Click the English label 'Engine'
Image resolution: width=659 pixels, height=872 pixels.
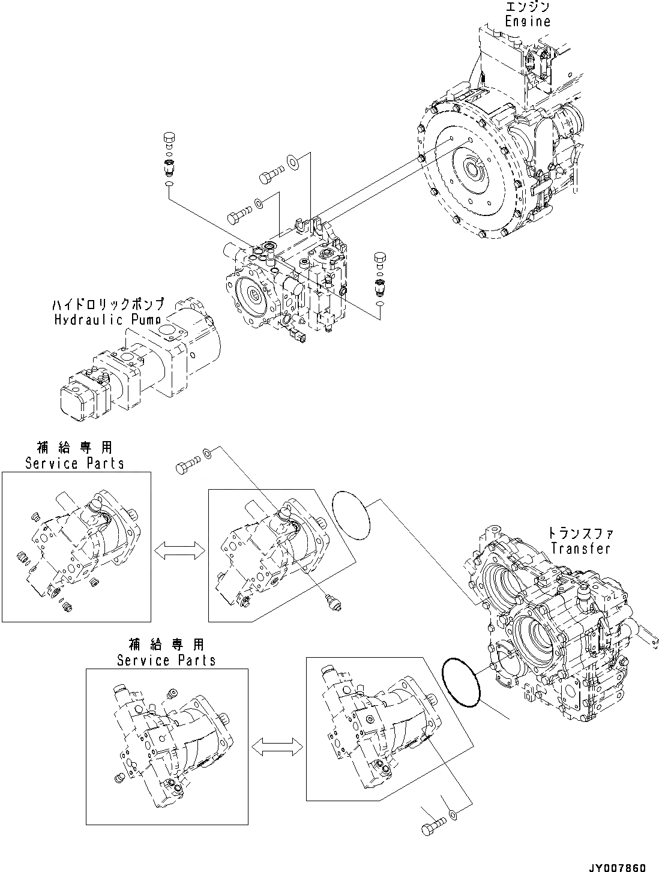(x=527, y=21)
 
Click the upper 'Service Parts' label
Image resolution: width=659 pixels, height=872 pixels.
(x=74, y=463)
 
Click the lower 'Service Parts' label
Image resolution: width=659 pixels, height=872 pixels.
(x=166, y=660)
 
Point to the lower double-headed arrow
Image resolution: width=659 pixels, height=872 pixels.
(x=277, y=747)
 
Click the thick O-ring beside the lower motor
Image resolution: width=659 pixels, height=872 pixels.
(x=460, y=682)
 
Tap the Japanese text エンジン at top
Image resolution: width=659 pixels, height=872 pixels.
(x=527, y=7)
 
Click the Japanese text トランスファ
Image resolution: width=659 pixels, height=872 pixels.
(x=580, y=532)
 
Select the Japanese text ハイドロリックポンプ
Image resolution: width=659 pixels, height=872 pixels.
(x=107, y=305)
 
